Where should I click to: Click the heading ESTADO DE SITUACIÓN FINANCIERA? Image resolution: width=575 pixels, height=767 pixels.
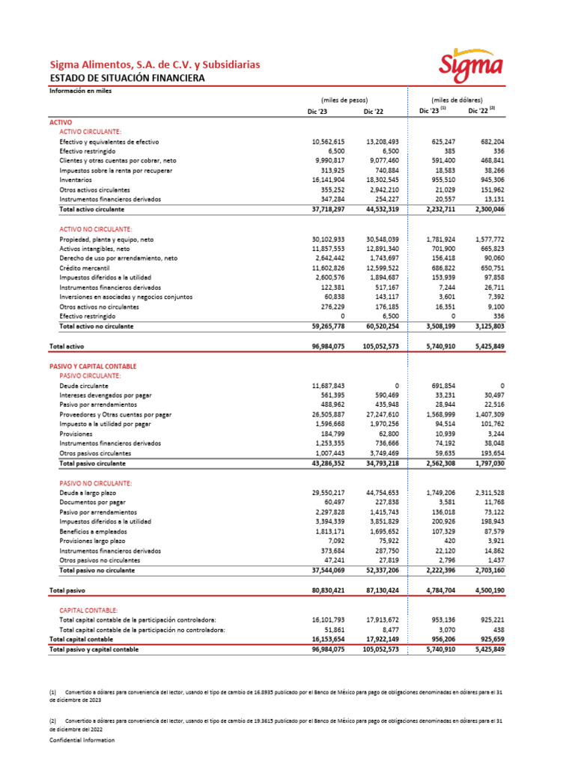click(126, 78)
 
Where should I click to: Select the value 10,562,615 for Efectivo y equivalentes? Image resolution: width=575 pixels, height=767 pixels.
click(327, 141)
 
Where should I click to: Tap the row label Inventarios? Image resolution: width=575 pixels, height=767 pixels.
click(76, 181)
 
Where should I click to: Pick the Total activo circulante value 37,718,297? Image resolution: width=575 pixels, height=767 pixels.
click(327, 210)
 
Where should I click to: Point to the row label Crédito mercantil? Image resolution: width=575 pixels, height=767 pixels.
click(85, 268)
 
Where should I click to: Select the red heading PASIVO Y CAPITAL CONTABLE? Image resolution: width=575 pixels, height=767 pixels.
click(92, 366)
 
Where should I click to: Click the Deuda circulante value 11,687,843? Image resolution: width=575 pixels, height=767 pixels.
click(327, 386)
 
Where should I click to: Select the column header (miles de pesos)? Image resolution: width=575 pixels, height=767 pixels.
click(341, 100)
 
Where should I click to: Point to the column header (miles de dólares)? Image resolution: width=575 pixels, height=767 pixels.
click(457, 100)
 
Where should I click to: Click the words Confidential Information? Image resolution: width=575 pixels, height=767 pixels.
click(82, 740)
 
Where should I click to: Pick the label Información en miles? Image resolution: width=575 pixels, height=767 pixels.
click(80, 91)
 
